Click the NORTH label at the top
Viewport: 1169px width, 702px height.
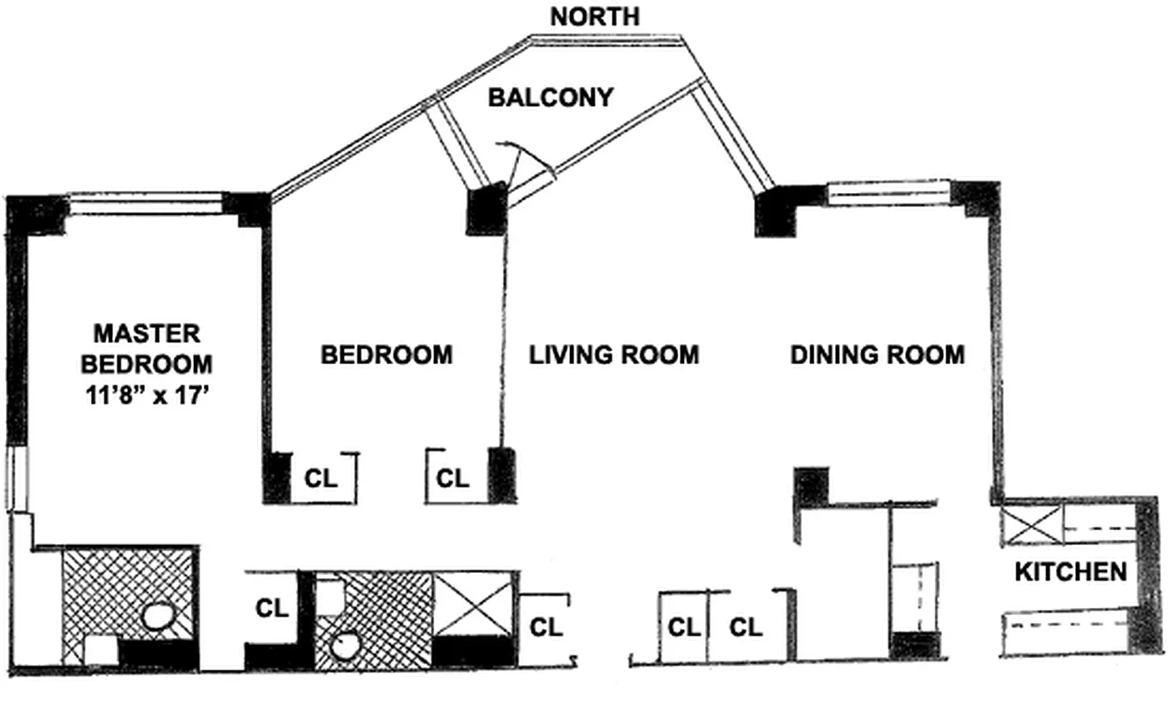[595, 16]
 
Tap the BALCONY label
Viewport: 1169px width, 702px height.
[550, 97]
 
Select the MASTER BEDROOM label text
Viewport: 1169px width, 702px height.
[147, 347]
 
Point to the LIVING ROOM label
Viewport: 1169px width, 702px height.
[614, 355]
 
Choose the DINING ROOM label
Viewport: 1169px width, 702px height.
[877, 355]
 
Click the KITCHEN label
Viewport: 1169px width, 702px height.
[1071, 572]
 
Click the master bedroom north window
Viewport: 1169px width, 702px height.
[145, 204]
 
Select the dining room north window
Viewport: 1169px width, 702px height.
[889, 193]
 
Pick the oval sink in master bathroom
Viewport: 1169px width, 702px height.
[160, 615]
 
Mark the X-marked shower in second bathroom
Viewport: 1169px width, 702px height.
[472, 603]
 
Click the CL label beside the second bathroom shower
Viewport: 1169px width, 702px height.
[545, 627]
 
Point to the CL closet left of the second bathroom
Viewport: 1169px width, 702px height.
[272, 608]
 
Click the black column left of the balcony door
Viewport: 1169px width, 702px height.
[487, 209]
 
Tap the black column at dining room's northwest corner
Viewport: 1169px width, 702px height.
[775, 211]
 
